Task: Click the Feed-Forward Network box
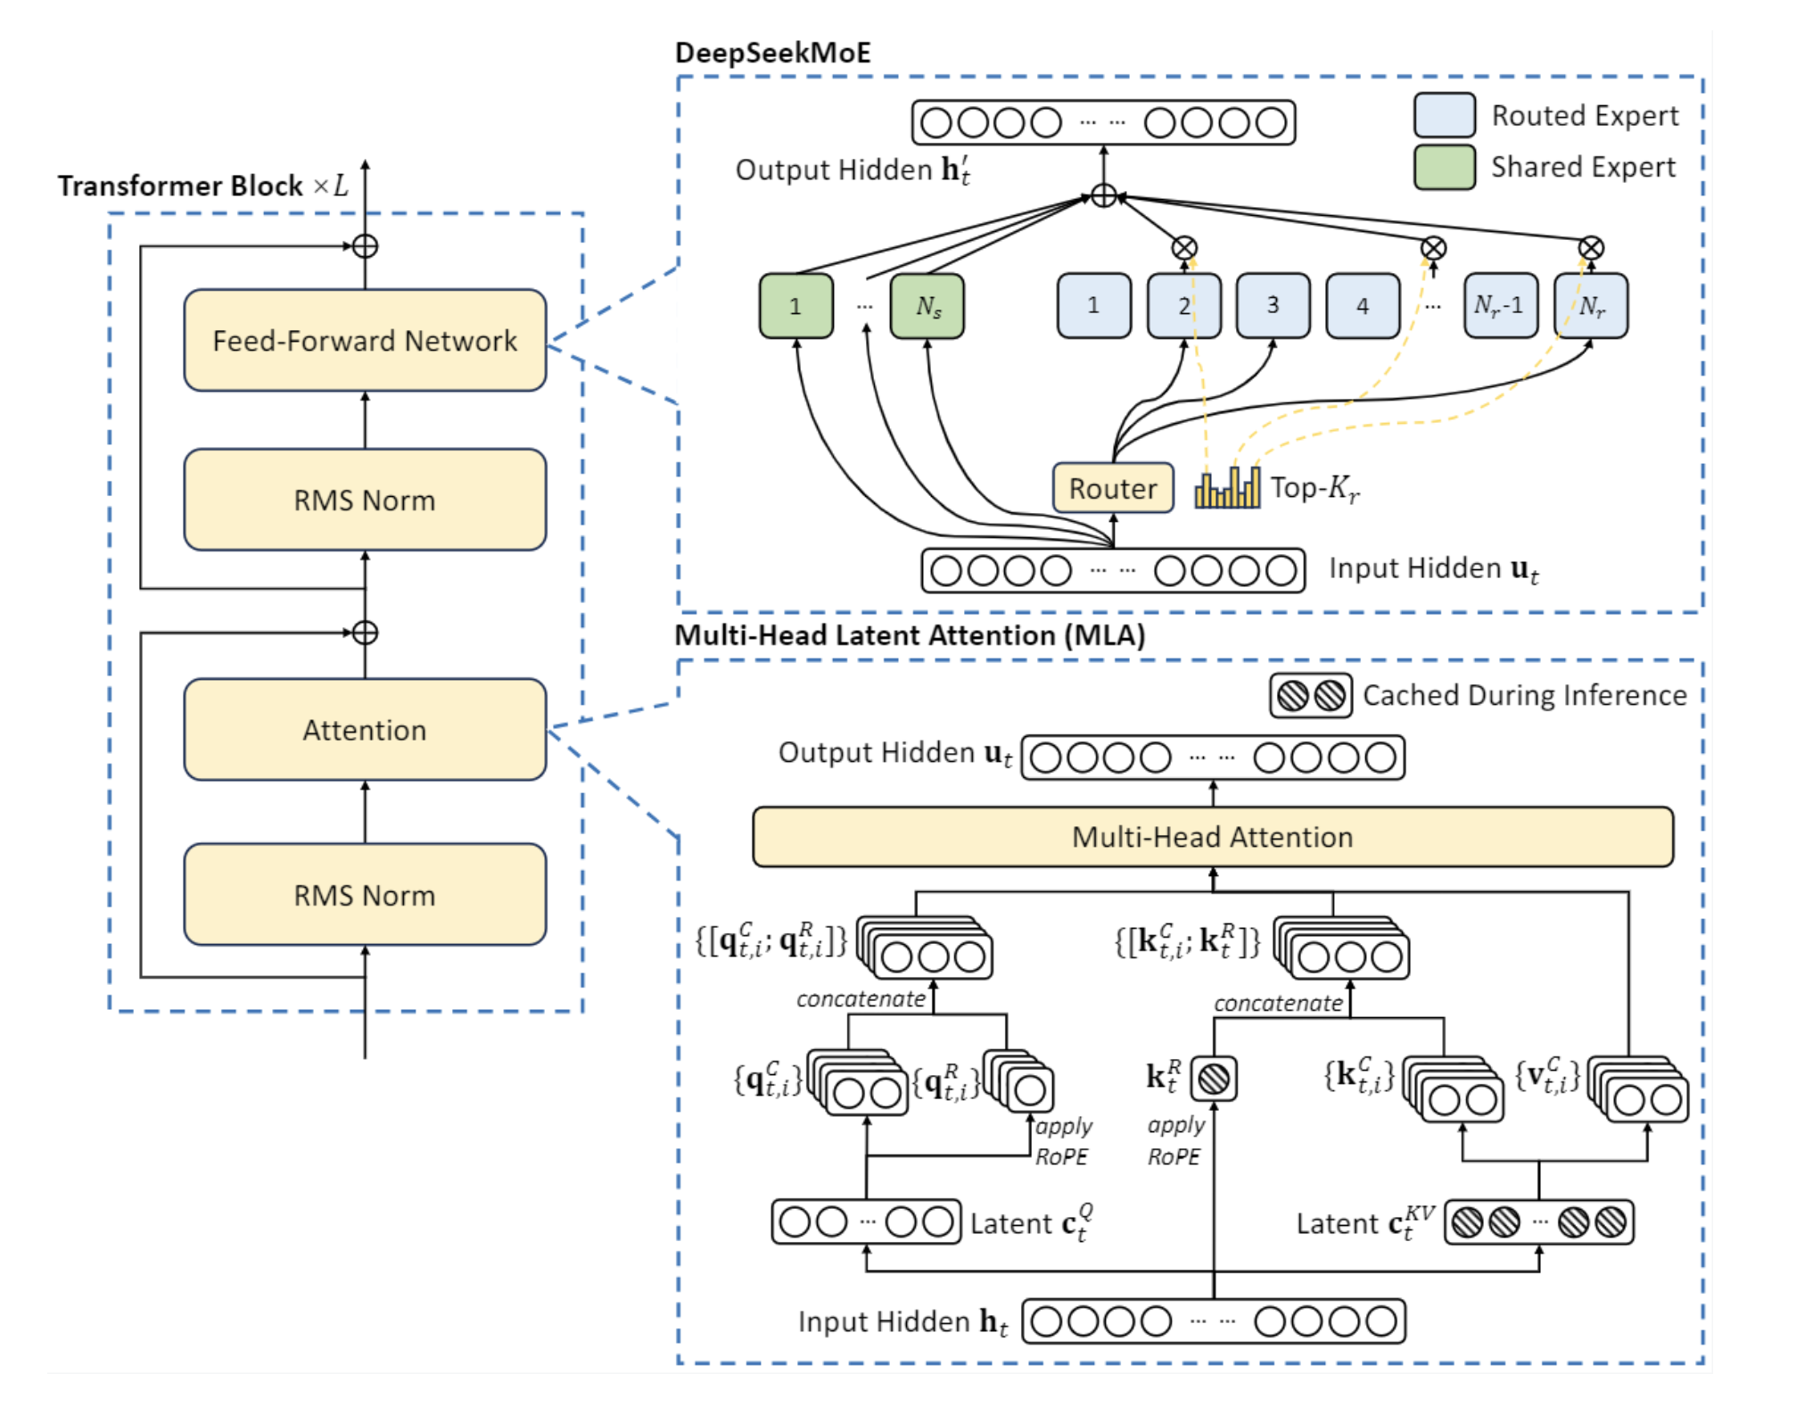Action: [365, 340]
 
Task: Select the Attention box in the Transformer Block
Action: [365, 730]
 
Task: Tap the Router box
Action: [1113, 488]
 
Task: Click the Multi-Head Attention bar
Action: [1212, 837]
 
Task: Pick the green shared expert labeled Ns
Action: [927, 306]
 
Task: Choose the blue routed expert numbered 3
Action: [1273, 306]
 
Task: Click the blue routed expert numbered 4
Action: [1362, 306]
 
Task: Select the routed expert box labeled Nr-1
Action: [1500, 306]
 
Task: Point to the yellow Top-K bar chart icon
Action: [1227, 487]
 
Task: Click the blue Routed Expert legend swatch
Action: [1444, 115]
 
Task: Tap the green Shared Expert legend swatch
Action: [1444, 167]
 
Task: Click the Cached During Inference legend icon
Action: [1311, 695]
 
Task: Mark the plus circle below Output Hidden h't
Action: [1103, 196]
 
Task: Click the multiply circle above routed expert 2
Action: [1183, 248]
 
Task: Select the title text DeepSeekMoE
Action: [772, 53]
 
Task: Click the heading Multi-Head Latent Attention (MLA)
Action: [910, 635]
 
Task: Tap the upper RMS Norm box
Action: [365, 500]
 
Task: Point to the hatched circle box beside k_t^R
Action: [1214, 1079]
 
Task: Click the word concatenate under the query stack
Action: [861, 999]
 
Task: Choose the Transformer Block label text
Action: [180, 186]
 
